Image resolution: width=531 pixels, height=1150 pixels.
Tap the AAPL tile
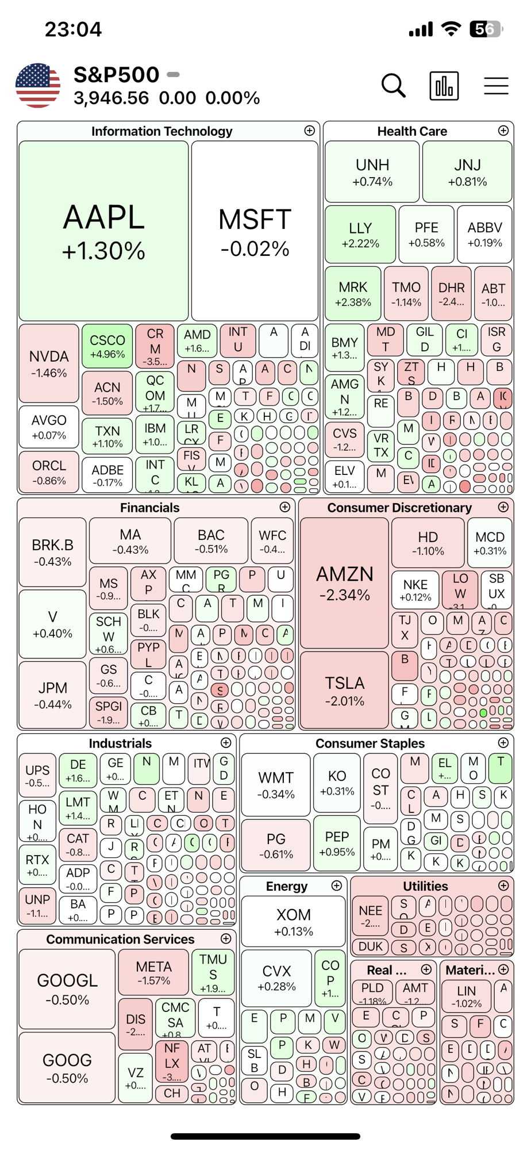(x=103, y=231)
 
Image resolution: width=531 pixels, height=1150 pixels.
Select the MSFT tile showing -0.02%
(x=255, y=231)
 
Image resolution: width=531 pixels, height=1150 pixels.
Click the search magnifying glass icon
(x=394, y=86)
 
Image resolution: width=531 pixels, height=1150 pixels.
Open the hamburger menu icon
(x=496, y=86)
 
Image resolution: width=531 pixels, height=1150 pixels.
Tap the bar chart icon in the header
(x=444, y=86)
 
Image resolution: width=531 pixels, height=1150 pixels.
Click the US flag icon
(x=38, y=86)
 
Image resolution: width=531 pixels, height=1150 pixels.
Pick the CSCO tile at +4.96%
(x=107, y=346)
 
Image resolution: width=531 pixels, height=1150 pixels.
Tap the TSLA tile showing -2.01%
(x=344, y=690)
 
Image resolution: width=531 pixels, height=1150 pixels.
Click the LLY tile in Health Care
(x=360, y=235)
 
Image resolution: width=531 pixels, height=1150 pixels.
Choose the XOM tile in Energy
(x=294, y=921)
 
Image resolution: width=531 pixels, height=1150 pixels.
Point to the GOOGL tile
(x=67, y=988)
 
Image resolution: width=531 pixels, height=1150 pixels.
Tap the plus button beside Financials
(x=285, y=507)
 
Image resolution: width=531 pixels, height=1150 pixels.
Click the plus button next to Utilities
(x=503, y=885)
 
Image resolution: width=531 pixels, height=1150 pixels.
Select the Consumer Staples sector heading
(x=370, y=743)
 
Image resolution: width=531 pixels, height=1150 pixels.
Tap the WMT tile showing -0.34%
(x=276, y=785)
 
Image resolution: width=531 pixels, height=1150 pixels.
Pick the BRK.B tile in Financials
(x=52, y=552)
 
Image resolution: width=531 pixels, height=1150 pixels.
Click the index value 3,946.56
(x=111, y=98)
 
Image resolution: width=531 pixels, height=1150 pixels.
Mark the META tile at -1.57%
(x=153, y=972)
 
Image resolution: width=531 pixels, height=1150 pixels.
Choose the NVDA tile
(x=49, y=363)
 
